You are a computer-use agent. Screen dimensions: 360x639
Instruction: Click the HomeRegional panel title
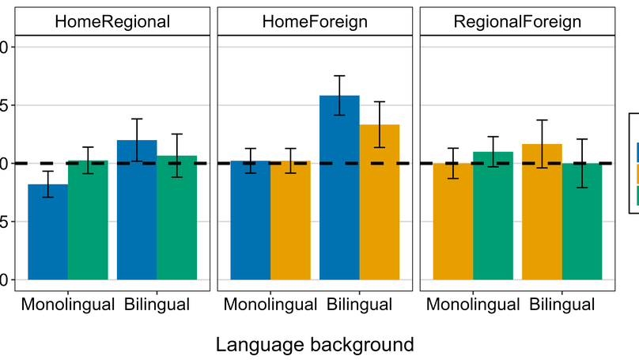112,22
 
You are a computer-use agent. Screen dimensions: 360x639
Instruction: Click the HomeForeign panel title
315,22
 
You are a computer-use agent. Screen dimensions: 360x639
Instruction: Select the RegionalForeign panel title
517,22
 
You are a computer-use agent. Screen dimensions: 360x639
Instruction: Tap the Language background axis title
315,345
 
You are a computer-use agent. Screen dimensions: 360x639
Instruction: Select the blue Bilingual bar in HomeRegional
137,210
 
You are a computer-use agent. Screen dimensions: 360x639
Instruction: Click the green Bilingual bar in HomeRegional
176,218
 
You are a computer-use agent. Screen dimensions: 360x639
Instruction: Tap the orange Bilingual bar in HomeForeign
379,202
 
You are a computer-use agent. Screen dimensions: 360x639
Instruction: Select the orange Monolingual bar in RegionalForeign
452,222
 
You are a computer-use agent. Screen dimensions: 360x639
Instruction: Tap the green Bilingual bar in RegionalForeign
581,222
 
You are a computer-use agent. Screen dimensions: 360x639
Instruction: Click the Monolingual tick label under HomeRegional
68,305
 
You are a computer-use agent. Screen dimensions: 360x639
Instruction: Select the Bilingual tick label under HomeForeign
359,305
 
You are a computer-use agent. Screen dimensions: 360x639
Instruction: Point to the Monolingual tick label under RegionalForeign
472,305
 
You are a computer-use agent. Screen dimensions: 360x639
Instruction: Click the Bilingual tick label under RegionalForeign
561,305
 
